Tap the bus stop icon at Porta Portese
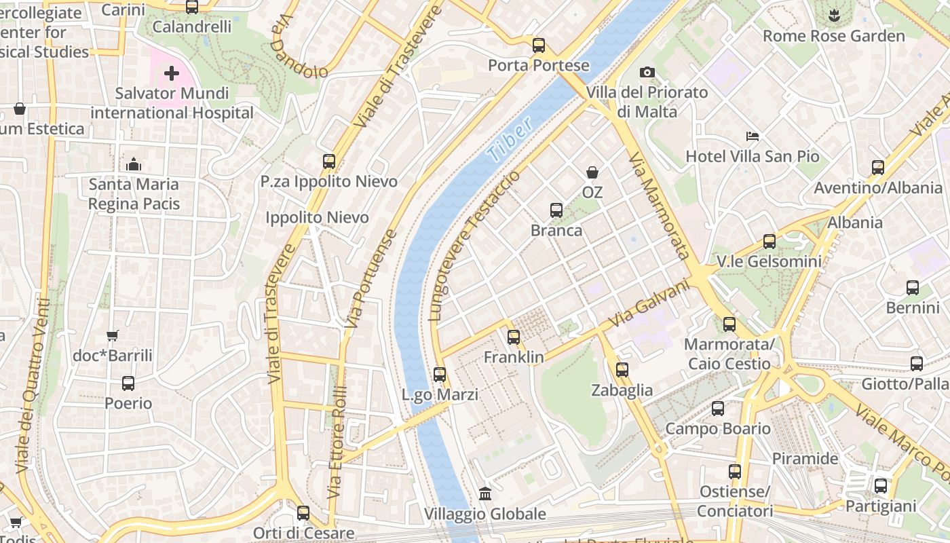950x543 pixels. (539, 45)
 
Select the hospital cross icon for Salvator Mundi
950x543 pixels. (172, 73)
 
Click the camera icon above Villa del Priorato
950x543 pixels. (647, 72)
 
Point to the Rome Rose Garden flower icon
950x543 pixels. (834, 14)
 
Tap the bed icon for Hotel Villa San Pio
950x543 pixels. (752, 136)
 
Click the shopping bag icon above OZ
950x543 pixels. (592, 172)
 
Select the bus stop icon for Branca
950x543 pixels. (556, 210)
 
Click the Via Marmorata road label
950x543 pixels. (658, 206)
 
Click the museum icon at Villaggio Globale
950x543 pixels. (485, 493)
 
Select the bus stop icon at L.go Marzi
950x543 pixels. (440, 374)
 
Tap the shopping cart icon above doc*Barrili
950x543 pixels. (113, 335)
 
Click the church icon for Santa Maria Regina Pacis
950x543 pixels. (134, 164)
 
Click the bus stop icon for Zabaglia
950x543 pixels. (622, 370)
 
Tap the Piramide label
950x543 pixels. (805, 459)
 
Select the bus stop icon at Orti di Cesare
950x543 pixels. (303, 512)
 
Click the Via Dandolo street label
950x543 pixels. (297, 48)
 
